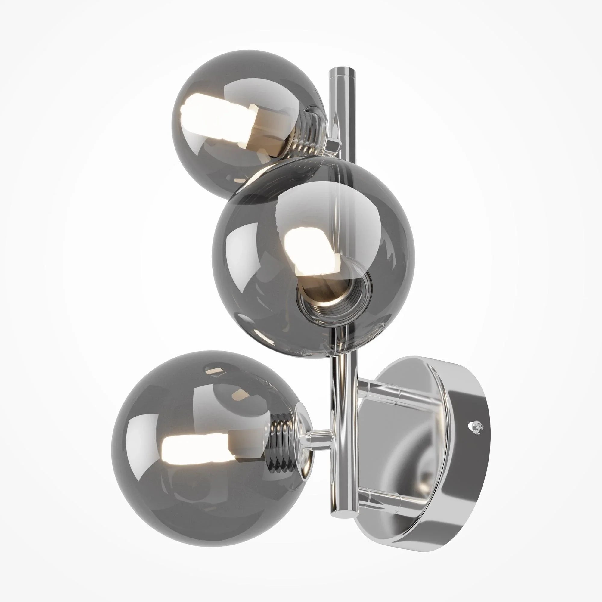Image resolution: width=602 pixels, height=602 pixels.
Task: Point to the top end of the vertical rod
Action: [x=342, y=71]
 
